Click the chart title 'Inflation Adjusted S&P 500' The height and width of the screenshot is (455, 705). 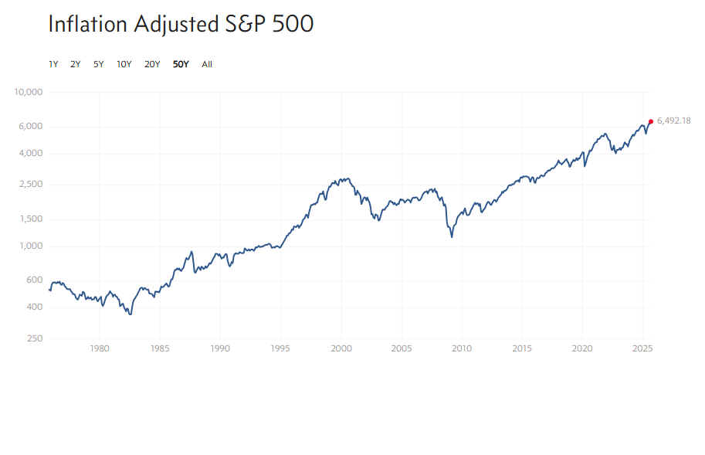[x=181, y=24]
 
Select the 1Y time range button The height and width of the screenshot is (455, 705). [x=53, y=64]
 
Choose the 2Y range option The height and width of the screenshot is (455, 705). [x=76, y=64]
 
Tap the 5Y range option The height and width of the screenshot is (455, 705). [x=99, y=64]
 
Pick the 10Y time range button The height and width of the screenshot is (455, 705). [x=124, y=64]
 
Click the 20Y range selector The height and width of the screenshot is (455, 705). [x=152, y=64]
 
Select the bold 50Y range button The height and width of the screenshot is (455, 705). [x=181, y=64]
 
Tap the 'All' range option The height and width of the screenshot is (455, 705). [x=207, y=64]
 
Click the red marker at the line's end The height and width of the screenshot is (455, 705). [x=650, y=121]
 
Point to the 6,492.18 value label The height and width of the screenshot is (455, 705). [x=673, y=121]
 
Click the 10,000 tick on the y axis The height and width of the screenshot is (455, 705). [x=29, y=93]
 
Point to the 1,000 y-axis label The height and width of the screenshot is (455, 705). [x=31, y=246]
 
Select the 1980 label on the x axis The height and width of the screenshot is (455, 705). [x=99, y=348]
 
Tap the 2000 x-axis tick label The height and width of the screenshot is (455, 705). [x=341, y=348]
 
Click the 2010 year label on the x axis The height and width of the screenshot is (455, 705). [x=462, y=348]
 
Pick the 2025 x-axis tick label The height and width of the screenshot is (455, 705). [x=643, y=348]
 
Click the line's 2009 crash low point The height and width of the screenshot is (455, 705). [x=452, y=236]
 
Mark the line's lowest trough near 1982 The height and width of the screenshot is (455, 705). [x=130, y=314]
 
